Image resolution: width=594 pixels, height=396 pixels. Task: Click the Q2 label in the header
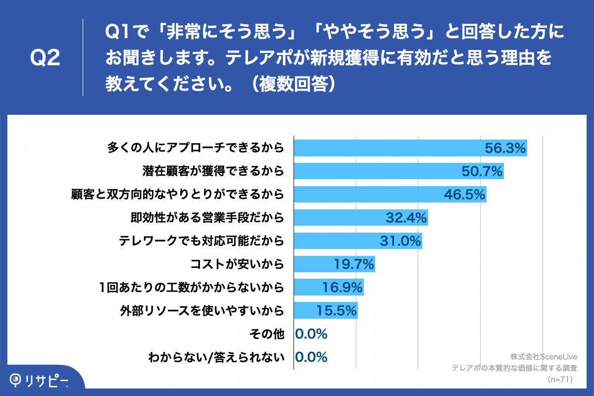tap(45, 58)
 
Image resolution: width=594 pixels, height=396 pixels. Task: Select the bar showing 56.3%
tap(386, 148)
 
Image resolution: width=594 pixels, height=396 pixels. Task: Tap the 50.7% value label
tap(482, 171)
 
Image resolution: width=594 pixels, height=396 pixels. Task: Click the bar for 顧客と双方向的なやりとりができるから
tap(366, 194)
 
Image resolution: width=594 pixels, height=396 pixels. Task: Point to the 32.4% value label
tap(406, 217)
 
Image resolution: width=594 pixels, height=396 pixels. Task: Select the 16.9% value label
tap(342, 288)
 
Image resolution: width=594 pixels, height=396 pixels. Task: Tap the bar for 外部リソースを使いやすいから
tap(307, 311)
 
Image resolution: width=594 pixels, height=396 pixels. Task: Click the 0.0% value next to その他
tap(311, 334)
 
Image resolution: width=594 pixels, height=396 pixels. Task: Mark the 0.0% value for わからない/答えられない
tap(311, 357)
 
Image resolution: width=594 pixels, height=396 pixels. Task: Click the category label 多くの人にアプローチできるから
tap(196, 148)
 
